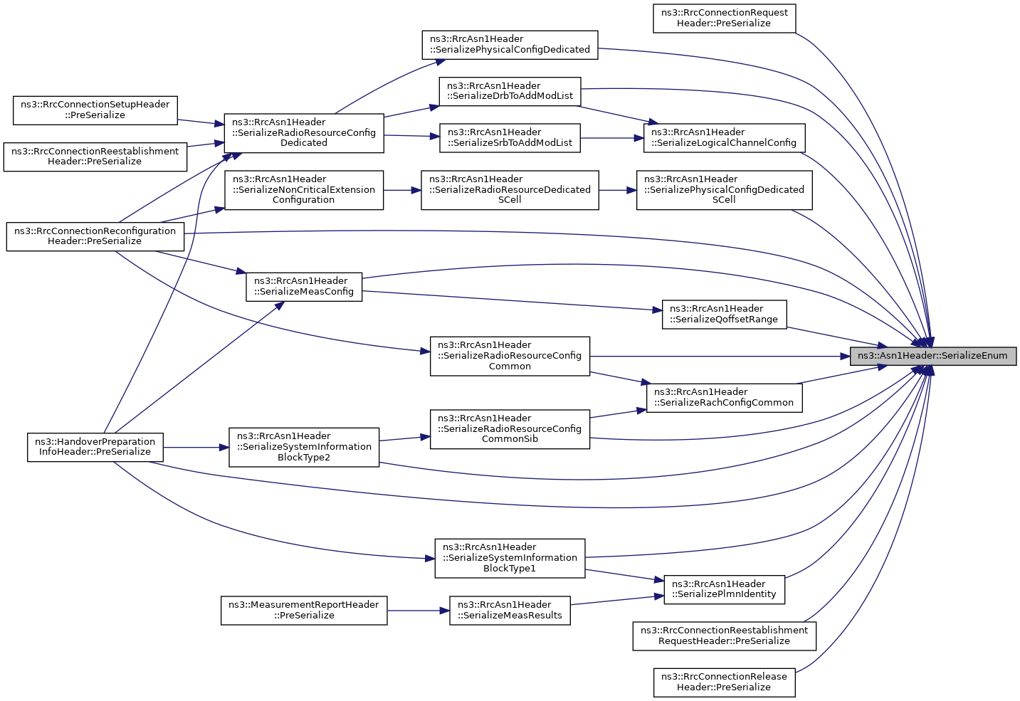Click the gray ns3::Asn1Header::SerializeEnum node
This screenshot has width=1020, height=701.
coord(933,356)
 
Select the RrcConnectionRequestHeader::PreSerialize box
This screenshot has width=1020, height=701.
coord(724,19)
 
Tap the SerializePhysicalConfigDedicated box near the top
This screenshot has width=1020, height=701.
coord(510,45)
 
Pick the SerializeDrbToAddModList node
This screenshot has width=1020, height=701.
coord(510,91)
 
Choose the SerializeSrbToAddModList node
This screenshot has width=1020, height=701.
coord(510,137)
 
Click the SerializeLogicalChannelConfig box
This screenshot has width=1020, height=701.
coord(724,137)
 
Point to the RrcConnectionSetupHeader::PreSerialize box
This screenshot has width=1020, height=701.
coord(95,110)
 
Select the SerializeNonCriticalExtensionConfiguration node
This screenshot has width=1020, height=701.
coord(304,190)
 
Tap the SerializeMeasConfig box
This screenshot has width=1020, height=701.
coord(304,286)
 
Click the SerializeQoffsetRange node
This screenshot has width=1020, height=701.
coord(724,314)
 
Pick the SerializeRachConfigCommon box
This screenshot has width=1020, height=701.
coord(724,397)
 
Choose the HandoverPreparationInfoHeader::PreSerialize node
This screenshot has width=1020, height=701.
coord(95,446)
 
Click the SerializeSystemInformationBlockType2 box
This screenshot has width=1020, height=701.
coord(304,446)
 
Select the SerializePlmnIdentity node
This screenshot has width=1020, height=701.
coord(724,589)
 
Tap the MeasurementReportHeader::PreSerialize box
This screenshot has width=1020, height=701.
coord(304,610)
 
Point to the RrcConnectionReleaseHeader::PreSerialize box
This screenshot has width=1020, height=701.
coord(724,682)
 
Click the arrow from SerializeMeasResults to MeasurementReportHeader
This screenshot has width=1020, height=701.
coord(418,611)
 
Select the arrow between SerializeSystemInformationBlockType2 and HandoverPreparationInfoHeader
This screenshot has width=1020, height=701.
coord(196,447)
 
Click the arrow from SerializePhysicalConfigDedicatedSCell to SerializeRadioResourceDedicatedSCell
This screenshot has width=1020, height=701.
coord(617,190)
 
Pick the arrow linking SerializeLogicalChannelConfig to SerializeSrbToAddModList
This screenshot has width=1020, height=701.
coord(612,138)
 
